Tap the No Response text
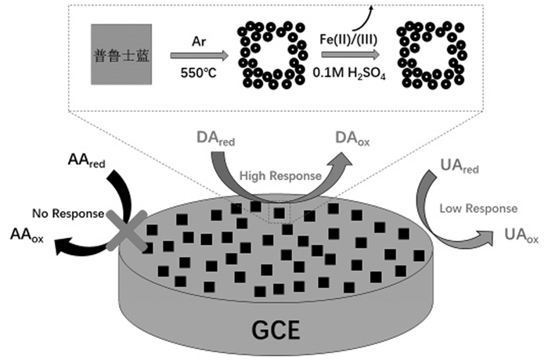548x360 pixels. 66,212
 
